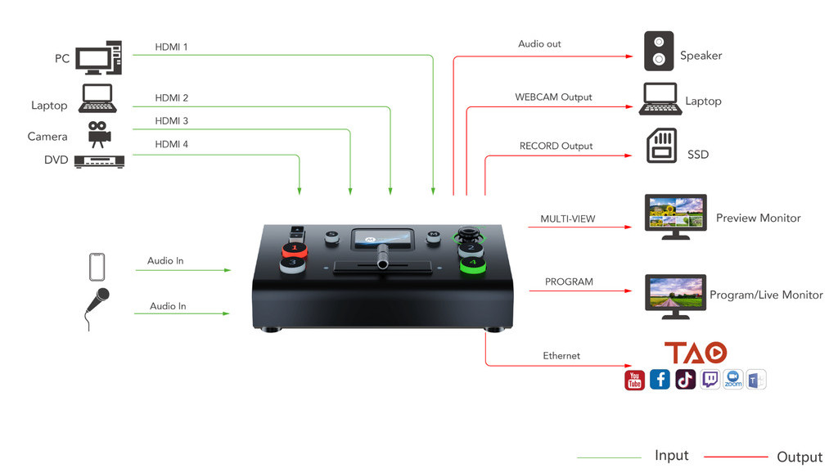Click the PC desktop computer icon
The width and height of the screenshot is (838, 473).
pos(98,58)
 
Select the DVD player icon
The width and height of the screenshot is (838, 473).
pos(99,161)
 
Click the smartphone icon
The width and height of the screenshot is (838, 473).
pos(97,267)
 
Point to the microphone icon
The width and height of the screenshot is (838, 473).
pos(97,307)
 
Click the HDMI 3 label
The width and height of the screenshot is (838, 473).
pos(172,121)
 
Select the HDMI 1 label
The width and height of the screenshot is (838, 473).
pos(172,47)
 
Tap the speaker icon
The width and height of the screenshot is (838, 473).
pos(659,51)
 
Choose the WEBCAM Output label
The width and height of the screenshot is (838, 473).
pos(553,97)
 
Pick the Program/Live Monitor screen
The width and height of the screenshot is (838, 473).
pos(675,292)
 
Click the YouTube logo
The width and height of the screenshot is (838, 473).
pos(634,380)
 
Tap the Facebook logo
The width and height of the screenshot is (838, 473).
pos(660,380)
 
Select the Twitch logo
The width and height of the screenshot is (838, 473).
pos(710,380)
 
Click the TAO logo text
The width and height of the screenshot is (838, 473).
pos(695,353)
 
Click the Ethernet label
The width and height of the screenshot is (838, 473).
pos(561,356)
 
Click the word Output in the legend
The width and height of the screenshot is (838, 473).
pos(799,457)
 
